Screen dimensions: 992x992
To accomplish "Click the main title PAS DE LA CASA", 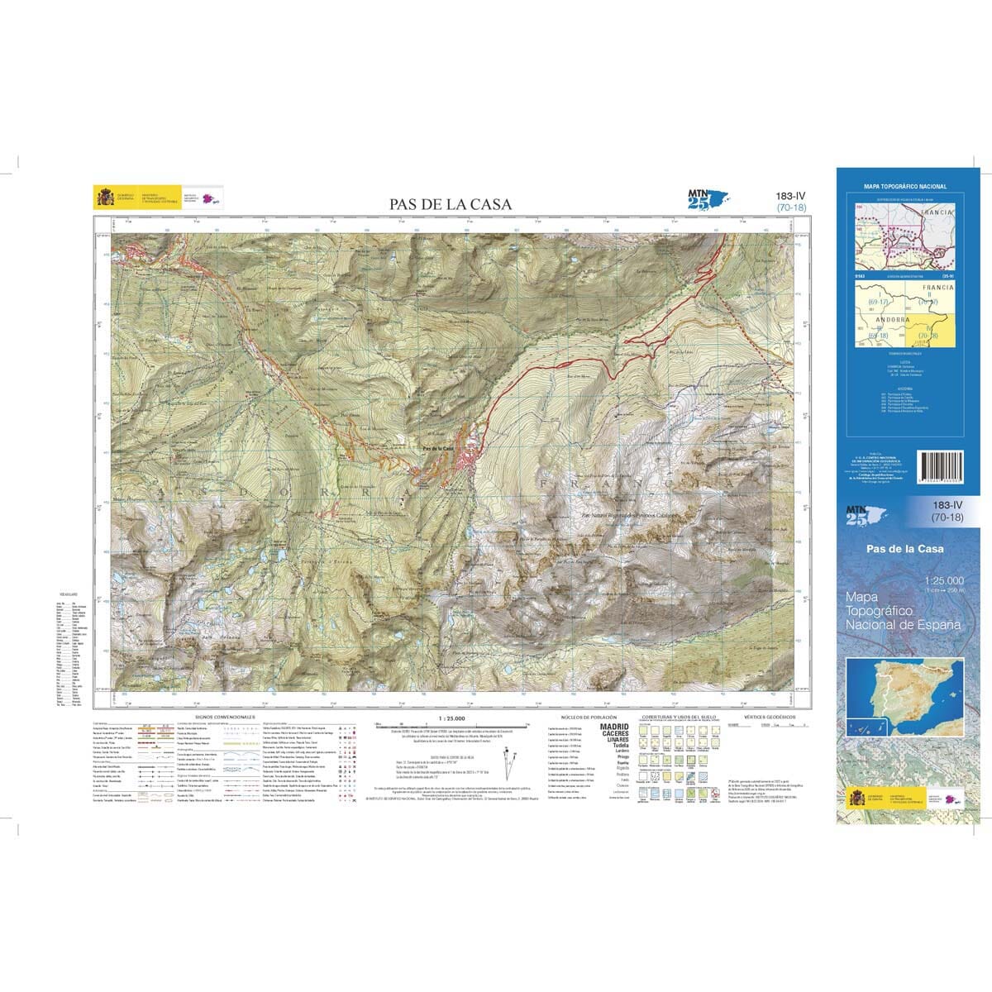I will [451, 204].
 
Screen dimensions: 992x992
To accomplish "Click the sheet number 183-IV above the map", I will [790, 196].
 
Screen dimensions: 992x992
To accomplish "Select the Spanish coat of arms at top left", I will [105, 198].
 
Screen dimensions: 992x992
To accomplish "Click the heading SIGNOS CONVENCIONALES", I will [225, 717].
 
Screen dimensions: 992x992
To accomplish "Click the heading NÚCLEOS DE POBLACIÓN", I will [584, 717].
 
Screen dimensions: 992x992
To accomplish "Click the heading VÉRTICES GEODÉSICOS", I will [769, 717].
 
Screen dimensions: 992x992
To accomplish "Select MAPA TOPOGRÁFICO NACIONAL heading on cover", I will [904, 187].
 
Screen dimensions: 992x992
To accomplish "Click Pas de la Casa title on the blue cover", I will [904, 549].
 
